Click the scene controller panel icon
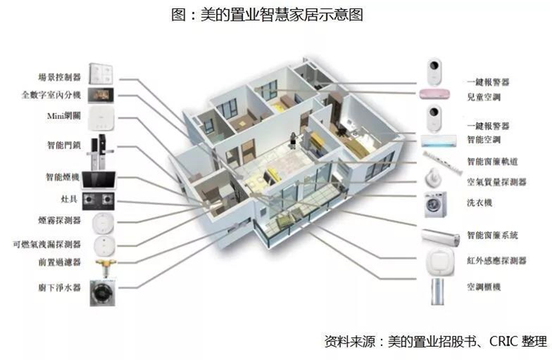coord(101,74)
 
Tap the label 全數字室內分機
coord(51,94)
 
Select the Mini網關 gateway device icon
coord(101,119)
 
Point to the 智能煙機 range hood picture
coord(99,180)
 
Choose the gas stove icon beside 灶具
coord(99,201)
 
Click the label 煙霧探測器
coord(59,220)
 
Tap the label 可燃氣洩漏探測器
coord(47,244)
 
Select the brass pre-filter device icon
coord(105,267)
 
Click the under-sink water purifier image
coord(102,293)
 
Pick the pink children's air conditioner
coord(435,94)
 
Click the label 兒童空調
coord(484,97)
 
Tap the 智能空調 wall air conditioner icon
coord(439,141)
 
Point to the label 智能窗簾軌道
coord(492,161)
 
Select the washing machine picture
coord(436,204)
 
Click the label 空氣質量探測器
coord(496,181)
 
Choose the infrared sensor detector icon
coord(440,261)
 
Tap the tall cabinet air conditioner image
coord(437,291)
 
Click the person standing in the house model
coord(293,141)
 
